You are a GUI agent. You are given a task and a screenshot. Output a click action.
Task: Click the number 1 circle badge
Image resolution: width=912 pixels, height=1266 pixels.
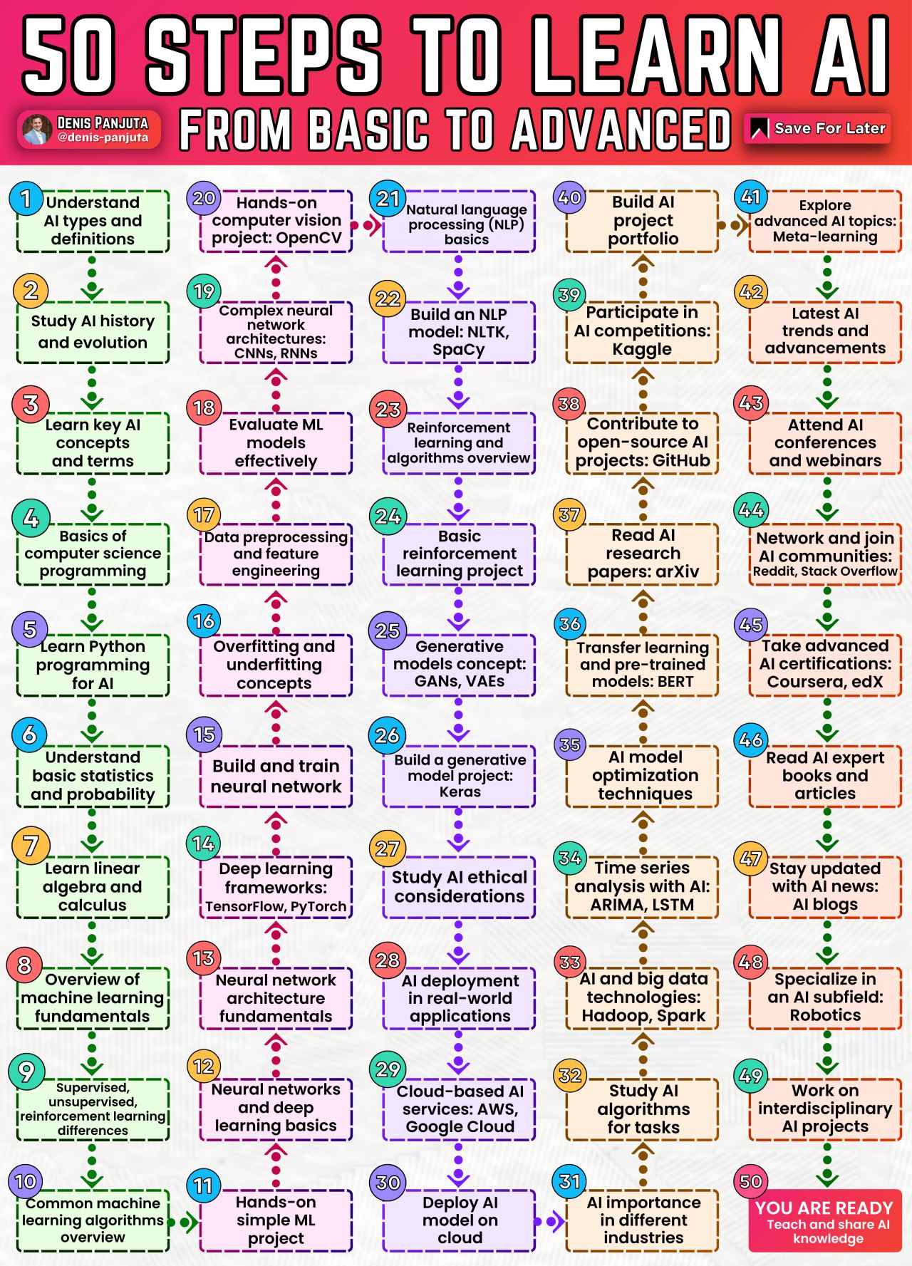click(26, 198)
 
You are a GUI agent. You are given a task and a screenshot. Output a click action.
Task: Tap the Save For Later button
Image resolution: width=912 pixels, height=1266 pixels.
click(818, 128)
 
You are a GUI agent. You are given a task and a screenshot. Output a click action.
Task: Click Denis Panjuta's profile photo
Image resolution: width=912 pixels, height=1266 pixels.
click(37, 130)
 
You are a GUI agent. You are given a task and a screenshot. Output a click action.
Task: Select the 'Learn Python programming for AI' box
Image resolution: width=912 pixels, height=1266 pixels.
click(93, 665)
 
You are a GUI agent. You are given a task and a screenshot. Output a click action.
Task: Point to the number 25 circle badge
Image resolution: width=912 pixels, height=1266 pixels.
click(387, 630)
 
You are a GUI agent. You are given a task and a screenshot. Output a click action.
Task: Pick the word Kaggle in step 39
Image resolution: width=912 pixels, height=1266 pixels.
click(642, 349)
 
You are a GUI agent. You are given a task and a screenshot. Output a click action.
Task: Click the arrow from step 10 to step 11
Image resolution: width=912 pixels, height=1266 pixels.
click(183, 1223)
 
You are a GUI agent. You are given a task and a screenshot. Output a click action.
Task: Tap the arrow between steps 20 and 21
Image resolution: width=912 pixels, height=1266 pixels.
click(368, 226)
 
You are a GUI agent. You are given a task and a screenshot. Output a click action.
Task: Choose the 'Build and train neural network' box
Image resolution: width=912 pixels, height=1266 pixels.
click(276, 776)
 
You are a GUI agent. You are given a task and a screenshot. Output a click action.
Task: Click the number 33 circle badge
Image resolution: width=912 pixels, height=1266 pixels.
click(570, 962)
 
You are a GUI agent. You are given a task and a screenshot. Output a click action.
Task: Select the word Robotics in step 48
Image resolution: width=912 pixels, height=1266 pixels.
click(825, 1015)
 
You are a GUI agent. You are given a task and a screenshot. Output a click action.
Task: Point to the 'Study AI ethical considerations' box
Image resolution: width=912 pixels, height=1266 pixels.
click(460, 887)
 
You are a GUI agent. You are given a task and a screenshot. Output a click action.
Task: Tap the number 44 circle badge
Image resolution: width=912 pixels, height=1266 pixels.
click(751, 510)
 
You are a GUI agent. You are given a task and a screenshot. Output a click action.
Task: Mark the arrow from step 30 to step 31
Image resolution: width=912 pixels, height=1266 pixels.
click(551, 1223)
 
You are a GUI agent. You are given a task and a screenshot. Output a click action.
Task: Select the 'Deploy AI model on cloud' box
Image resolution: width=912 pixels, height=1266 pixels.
click(460, 1220)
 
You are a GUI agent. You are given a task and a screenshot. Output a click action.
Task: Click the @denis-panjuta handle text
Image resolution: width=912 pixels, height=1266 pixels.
click(103, 138)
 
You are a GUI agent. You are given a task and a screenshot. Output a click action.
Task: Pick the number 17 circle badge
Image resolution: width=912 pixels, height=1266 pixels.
click(204, 514)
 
